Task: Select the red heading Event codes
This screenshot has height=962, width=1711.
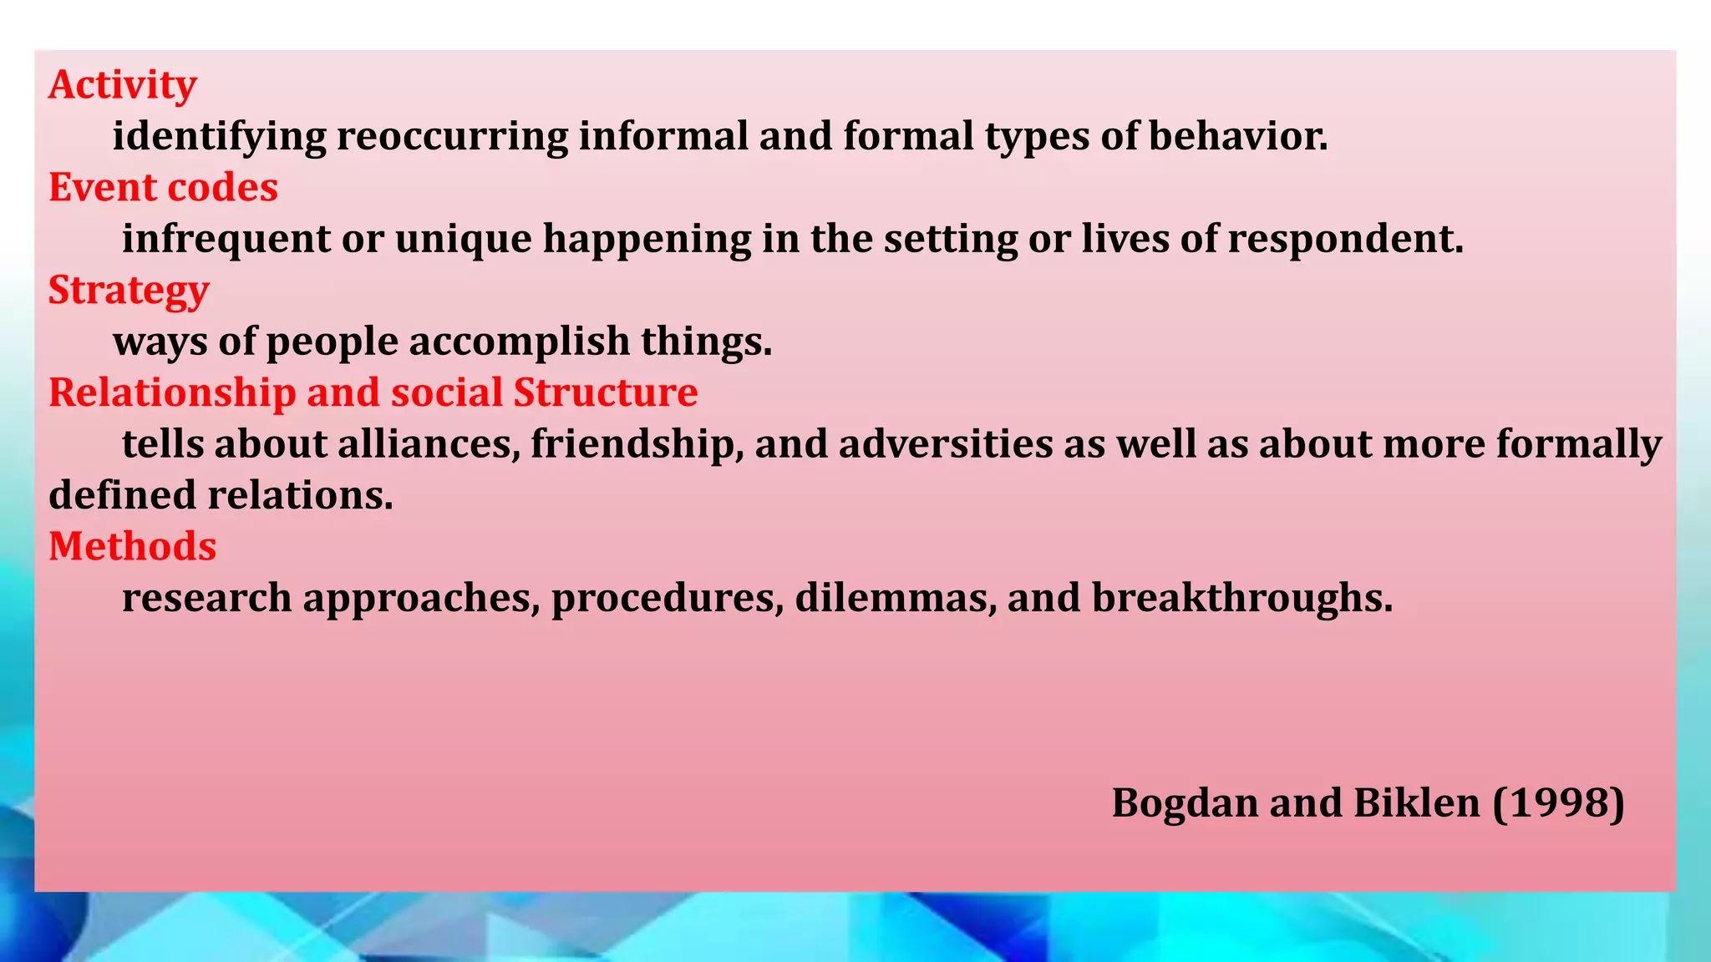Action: [163, 188]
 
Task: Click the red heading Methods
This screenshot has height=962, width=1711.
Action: [132, 547]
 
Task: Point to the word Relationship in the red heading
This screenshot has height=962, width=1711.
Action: [172, 393]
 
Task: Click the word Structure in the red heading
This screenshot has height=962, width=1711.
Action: [606, 393]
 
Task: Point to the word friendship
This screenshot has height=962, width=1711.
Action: [637, 444]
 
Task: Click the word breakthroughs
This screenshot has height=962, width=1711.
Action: [1242, 598]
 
